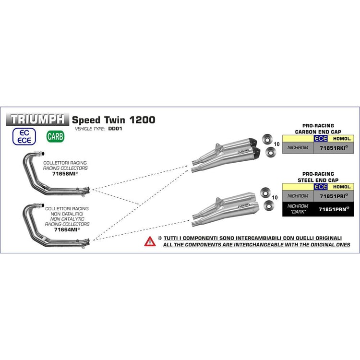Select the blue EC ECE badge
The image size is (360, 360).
coord(27,136)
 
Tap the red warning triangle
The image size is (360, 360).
coord(150,241)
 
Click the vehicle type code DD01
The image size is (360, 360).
coord(114,129)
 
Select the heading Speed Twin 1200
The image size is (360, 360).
coord(113,120)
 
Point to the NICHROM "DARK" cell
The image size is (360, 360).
coord(298,208)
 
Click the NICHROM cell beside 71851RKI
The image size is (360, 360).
coord(298,148)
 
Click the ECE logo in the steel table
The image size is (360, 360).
coord(320,186)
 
